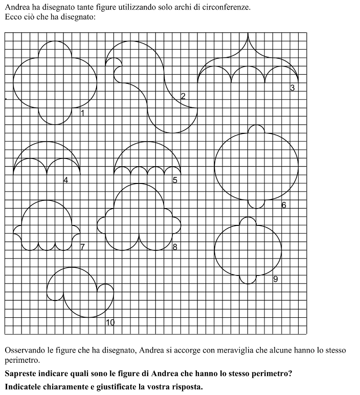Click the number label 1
pos(82,113)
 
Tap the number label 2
pos(183,96)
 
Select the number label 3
pos(292,88)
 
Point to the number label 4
pos(65,180)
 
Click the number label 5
pos(175,180)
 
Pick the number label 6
pos(284,205)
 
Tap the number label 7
pos(82,247)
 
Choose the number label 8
pos(175,247)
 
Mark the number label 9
pos(276,279)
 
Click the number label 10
pos(110,322)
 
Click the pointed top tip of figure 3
pos(248,35)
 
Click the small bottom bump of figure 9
pos(248,280)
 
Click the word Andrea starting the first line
pos(17,8)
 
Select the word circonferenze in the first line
pos(228,8)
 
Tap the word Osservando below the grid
pos(26,350)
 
